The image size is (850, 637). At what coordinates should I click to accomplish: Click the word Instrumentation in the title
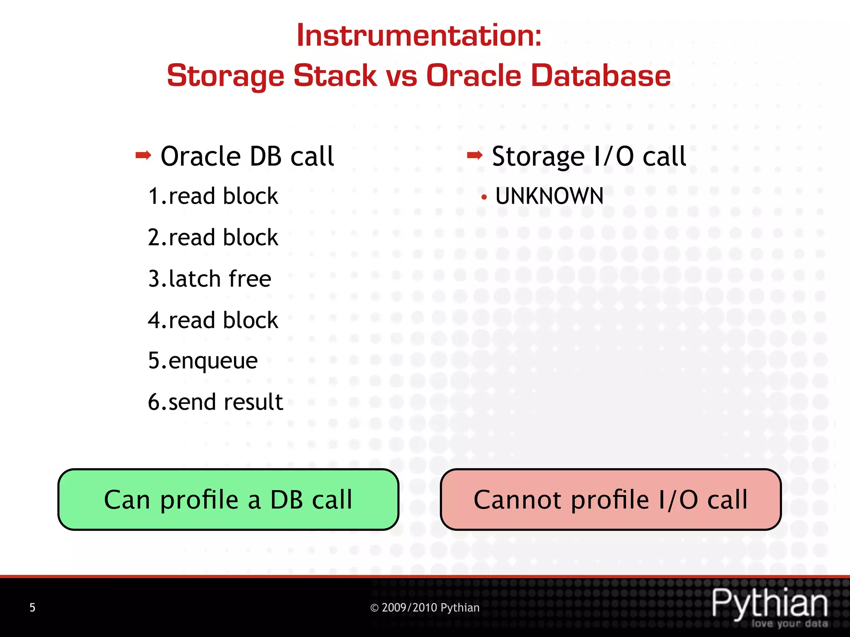tap(418, 36)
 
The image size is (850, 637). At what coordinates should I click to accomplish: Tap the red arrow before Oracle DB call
tap(143, 156)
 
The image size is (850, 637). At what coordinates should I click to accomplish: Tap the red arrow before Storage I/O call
tap(474, 156)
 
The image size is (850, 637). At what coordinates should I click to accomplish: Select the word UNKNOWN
tap(549, 196)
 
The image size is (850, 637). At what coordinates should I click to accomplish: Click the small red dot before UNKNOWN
tap(484, 197)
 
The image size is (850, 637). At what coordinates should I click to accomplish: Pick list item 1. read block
tap(213, 196)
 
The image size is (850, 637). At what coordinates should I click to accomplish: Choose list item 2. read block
tap(213, 238)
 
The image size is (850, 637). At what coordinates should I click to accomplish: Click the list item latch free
tap(210, 279)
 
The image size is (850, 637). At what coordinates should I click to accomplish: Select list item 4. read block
tap(213, 320)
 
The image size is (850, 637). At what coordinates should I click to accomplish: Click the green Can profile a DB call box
tap(228, 499)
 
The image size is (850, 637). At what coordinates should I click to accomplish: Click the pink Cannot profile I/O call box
tap(611, 499)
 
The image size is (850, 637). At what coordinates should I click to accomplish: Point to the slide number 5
tap(32, 608)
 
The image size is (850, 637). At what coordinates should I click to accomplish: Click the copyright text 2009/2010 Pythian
tap(425, 608)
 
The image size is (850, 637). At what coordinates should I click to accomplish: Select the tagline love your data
tap(789, 623)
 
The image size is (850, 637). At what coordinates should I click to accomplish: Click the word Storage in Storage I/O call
tap(538, 157)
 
